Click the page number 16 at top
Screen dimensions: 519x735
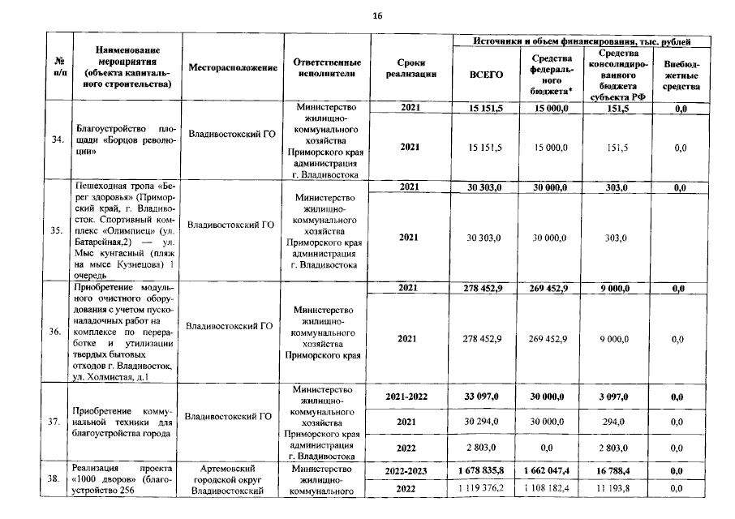(376, 15)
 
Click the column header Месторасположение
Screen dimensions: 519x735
(233, 68)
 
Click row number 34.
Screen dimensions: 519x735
(57, 139)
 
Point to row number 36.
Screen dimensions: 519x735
(57, 332)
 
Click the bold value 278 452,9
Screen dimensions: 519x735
(487, 287)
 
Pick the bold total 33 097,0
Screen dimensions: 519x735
(487, 397)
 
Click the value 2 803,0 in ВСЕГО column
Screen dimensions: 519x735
(487, 447)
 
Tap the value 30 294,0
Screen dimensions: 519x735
(487, 422)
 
